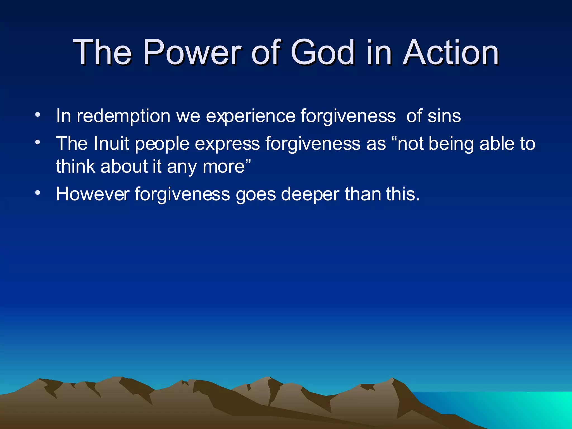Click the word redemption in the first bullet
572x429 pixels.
click(123, 116)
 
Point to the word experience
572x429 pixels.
click(251, 116)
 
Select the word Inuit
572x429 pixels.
click(111, 143)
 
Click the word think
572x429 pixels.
click(75, 166)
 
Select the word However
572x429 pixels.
click(92, 194)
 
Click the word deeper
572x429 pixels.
click(310, 194)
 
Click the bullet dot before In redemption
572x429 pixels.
click(38, 115)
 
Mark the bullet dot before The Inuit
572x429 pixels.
click(38, 142)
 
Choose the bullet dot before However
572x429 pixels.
click(38, 193)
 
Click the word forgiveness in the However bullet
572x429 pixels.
click(182, 194)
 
